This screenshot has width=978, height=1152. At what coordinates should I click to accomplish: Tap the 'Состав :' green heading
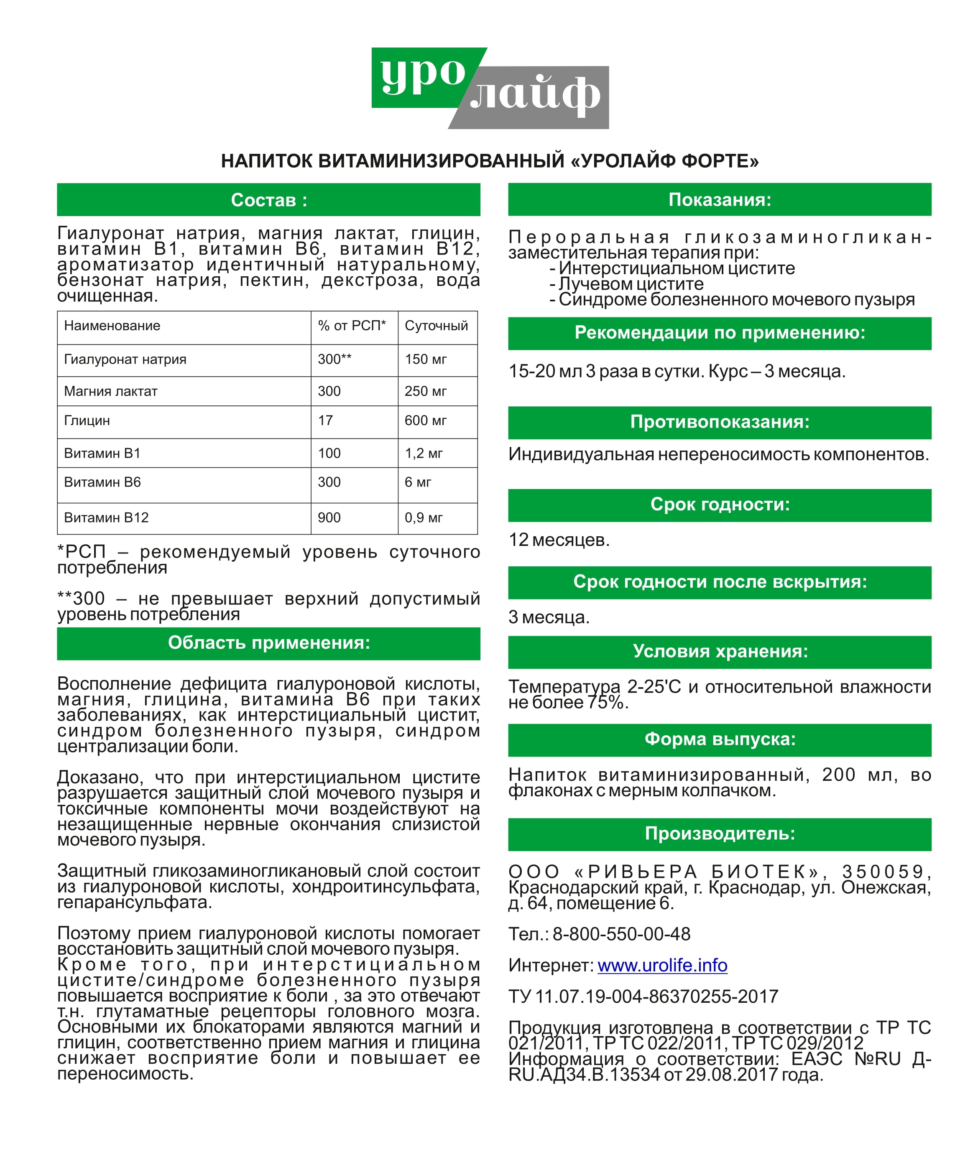point(269,200)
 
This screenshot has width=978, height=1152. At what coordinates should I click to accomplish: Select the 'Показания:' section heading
point(719,199)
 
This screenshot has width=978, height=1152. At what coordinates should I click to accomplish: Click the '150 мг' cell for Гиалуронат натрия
point(426,359)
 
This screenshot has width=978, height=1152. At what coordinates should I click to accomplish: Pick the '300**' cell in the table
point(335,359)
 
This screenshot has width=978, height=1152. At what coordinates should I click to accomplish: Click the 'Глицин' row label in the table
point(87,421)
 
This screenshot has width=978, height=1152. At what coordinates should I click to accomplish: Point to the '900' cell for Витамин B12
point(329,518)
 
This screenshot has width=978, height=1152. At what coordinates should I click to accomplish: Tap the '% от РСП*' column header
point(352,326)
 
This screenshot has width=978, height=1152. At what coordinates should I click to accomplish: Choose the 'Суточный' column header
point(437,326)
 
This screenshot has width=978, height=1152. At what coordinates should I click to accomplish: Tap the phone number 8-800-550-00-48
point(621,934)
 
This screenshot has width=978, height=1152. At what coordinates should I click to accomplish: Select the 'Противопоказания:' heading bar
point(719,422)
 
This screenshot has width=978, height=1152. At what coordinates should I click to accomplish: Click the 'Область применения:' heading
point(269,643)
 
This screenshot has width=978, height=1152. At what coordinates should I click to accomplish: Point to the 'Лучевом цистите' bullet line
point(631,284)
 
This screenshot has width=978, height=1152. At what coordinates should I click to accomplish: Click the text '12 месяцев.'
point(559,540)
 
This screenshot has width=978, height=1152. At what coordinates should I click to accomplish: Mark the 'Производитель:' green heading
point(719,833)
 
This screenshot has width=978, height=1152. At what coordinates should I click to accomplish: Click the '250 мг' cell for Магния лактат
point(426,392)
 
